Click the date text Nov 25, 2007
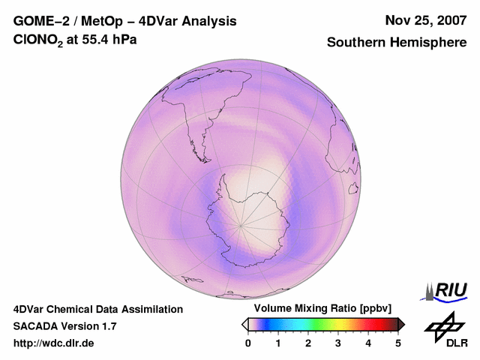point(425,21)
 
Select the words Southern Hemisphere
point(397,43)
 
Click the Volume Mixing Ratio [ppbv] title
point(319,309)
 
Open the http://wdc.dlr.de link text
point(54,343)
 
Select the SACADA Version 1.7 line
point(64,326)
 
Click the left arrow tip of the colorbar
point(244,324)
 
